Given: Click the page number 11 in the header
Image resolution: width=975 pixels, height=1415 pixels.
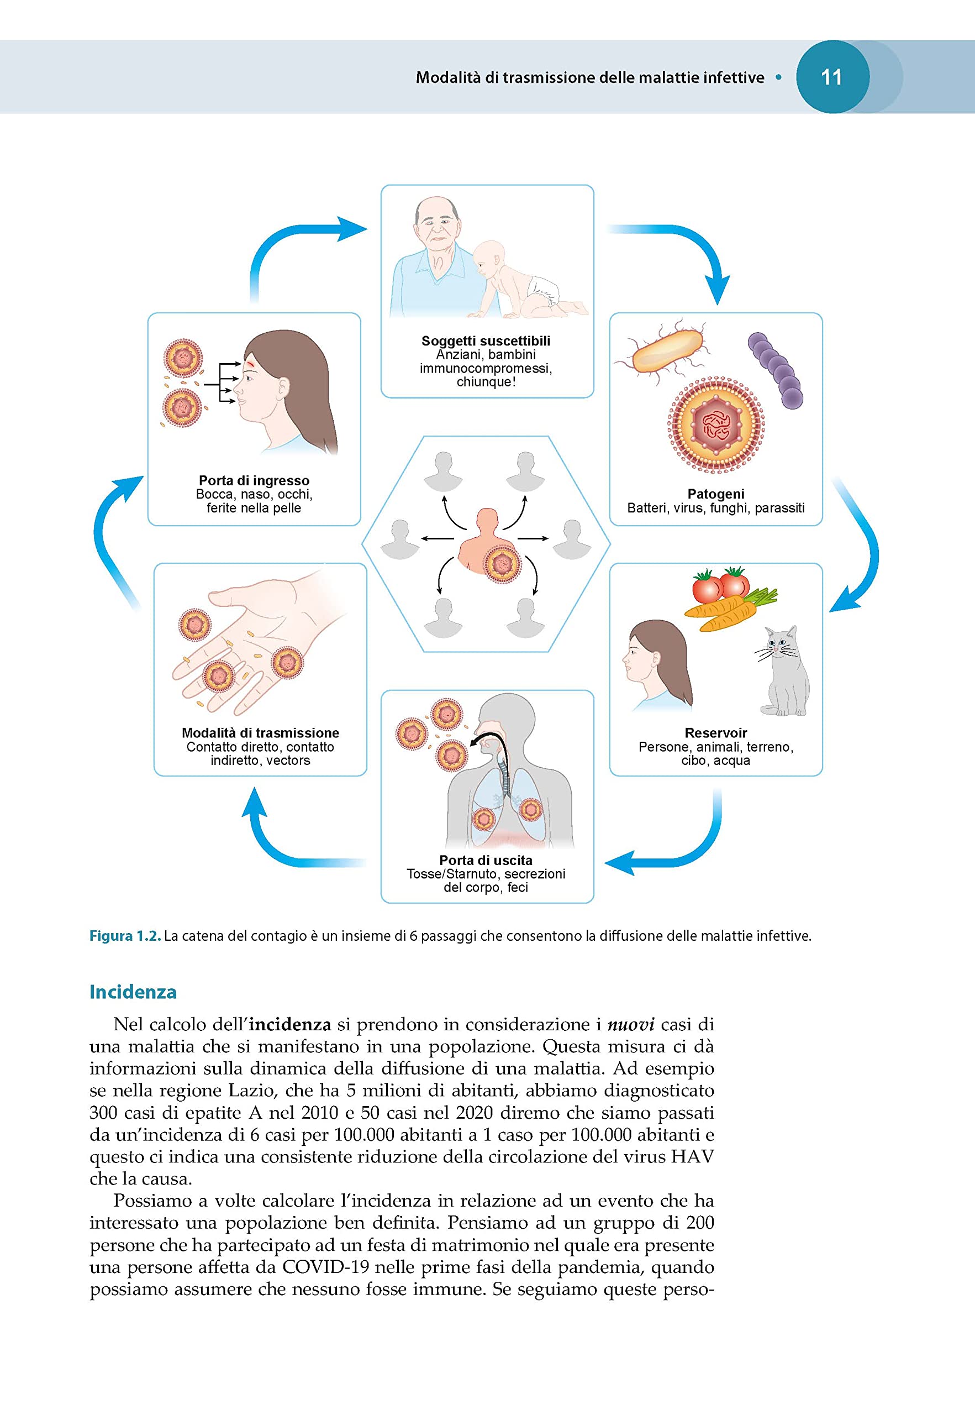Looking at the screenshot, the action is tap(831, 77).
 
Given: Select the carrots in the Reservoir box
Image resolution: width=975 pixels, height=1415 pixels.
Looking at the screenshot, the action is tap(730, 607).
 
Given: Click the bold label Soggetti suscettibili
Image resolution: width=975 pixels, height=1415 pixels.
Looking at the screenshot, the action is tap(486, 341).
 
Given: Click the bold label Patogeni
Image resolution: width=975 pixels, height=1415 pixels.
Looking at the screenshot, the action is tap(715, 494).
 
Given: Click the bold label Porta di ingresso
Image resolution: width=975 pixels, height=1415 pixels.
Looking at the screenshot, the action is tap(254, 480).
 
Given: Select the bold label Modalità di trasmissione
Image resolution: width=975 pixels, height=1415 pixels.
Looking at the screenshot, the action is tap(260, 733).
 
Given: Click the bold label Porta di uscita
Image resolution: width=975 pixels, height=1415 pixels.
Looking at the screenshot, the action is tap(486, 860).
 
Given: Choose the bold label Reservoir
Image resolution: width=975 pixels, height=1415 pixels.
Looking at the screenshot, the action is tap(715, 733).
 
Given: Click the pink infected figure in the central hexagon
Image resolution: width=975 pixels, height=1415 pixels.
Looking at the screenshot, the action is tap(487, 542).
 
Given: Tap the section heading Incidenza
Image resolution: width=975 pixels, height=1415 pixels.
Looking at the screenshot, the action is tap(133, 992).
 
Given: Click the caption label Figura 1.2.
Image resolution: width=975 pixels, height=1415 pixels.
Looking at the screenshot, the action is tap(125, 936).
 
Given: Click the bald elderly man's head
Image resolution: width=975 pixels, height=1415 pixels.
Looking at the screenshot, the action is tap(436, 221).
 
